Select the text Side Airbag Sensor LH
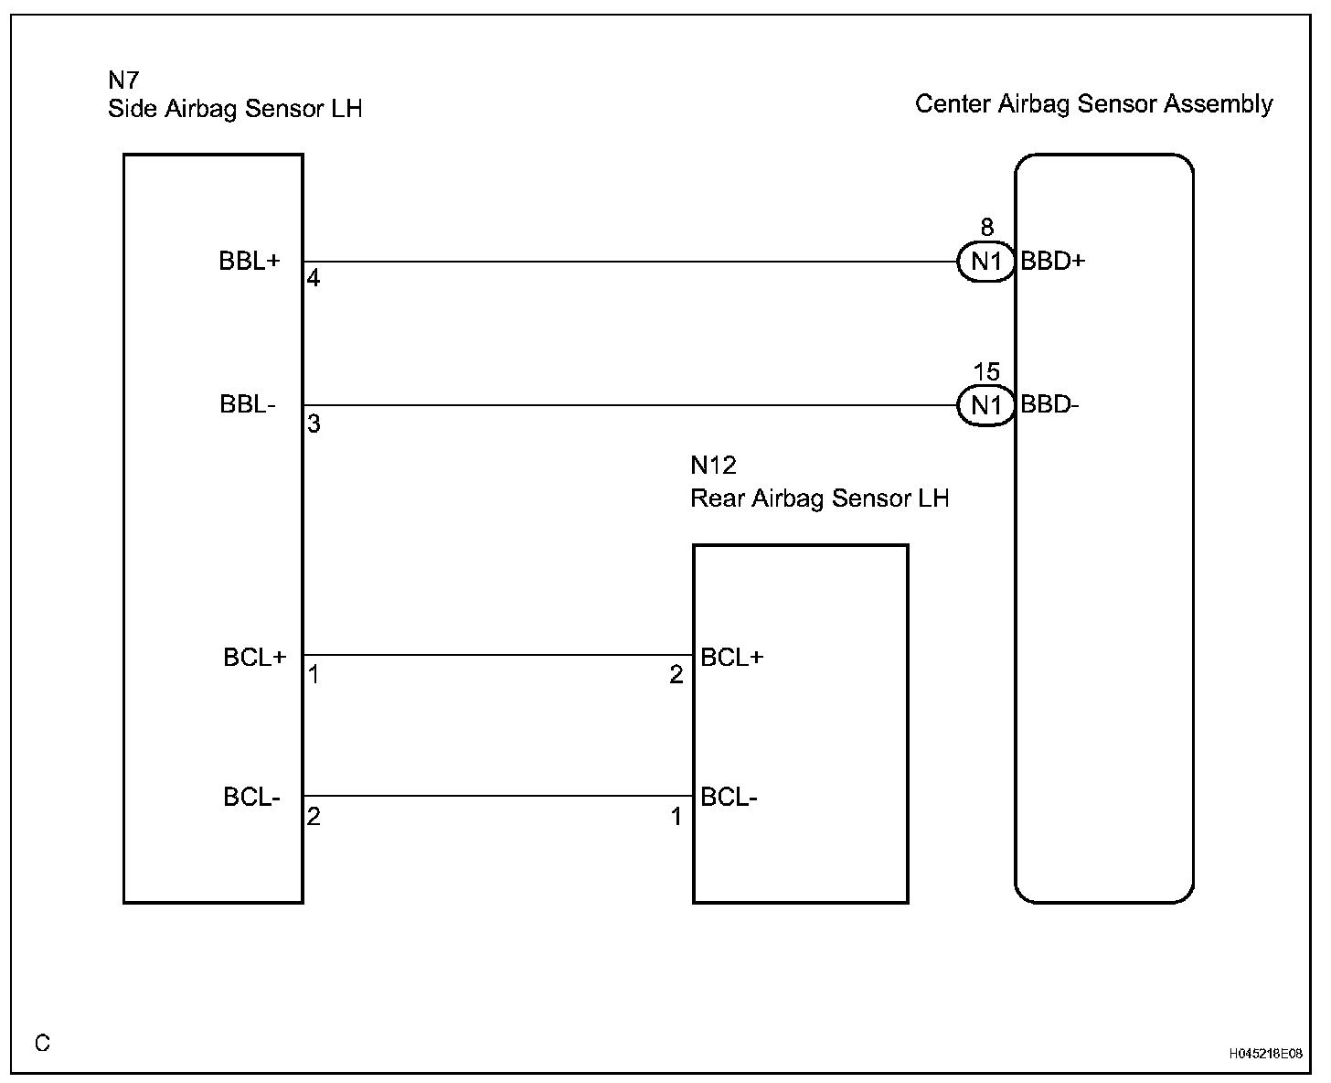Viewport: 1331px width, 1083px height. pyautogui.click(x=235, y=109)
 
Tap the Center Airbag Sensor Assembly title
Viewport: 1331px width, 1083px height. pyautogui.click(x=1093, y=104)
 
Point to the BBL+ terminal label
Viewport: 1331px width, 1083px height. pyautogui.click(x=249, y=262)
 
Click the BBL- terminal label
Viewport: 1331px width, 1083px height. pyautogui.click(x=248, y=404)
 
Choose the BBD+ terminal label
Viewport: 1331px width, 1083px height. pyautogui.click(x=1052, y=262)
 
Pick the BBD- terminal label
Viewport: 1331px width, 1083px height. pyautogui.click(x=1049, y=404)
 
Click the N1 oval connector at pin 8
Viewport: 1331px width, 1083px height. pyautogui.click(x=985, y=263)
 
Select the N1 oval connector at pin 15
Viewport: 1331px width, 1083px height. pyautogui.click(x=985, y=405)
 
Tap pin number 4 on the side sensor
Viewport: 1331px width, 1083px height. pyautogui.click(x=314, y=279)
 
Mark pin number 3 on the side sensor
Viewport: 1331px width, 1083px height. pyautogui.click(x=314, y=424)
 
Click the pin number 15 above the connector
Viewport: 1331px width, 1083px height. pyautogui.click(x=986, y=372)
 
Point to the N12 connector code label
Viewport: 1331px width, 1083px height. pyautogui.click(x=713, y=466)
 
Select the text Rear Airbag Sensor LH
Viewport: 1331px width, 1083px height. pyautogui.click(x=819, y=499)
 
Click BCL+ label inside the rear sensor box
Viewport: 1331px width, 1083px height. pyautogui.click(x=731, y=657)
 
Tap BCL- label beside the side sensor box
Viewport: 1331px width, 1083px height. pyautogui.click(x=251, y=798)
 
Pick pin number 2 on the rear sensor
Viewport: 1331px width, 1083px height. pyautogui.click(x=676, y=675)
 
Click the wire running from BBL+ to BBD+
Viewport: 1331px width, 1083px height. pyautogui.click(x=631, y=262)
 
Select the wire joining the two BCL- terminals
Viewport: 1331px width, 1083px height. pyautogui.click(x=498, y=796)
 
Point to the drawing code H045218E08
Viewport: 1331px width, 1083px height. pyautogui.click(x=1265, y=1054)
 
